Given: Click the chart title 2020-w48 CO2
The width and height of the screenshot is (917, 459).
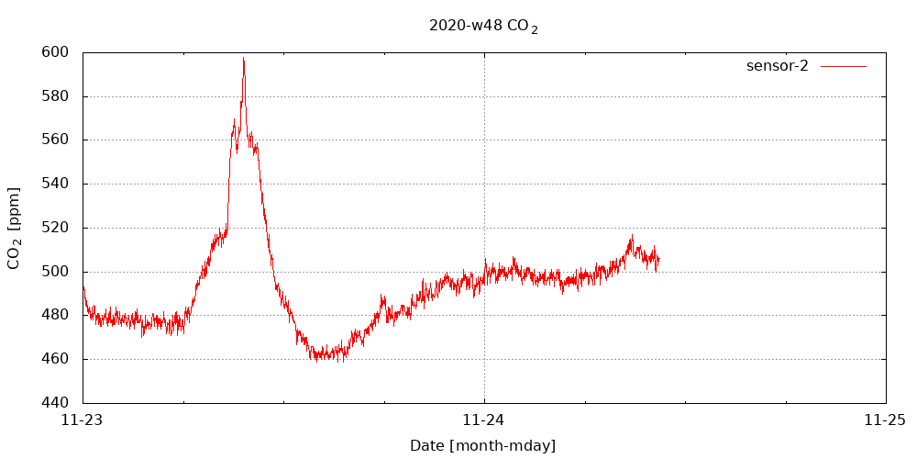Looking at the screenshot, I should (482, 26).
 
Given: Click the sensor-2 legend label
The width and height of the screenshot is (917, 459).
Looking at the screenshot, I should (777, 66).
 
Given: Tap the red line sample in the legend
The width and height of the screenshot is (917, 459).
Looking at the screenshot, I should (844, 66).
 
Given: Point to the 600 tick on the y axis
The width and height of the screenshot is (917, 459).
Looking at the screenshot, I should (55, 52).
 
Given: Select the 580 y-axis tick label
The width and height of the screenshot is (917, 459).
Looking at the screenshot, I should (55, 96).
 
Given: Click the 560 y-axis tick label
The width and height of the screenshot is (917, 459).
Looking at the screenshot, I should (55, 140).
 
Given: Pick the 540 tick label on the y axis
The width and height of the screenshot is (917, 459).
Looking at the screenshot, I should (55, 184).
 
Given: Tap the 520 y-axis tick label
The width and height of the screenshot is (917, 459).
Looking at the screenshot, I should (55, 228).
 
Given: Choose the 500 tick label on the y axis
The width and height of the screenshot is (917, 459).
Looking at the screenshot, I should (55, 272).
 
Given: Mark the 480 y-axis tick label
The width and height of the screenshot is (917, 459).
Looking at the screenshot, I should (55, 315).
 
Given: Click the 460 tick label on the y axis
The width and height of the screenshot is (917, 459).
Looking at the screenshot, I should (55, 359).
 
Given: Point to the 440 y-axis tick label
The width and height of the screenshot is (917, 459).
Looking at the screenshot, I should (55, 403).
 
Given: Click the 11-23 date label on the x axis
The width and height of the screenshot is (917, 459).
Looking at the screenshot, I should (83, 420).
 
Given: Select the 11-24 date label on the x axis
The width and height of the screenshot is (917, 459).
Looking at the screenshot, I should (484, 420).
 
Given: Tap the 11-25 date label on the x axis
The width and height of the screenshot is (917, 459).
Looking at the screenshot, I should (886, 420).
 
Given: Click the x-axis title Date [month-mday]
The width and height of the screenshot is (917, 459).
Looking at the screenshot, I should (482, 446).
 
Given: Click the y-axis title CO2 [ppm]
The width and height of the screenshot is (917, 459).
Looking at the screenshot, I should (14, 228).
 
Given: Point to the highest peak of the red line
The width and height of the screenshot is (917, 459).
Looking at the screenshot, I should (244, 59).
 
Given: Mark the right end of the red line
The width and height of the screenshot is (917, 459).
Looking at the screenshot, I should (658, 260).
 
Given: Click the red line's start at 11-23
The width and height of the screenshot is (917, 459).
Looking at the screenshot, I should (83, 288).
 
